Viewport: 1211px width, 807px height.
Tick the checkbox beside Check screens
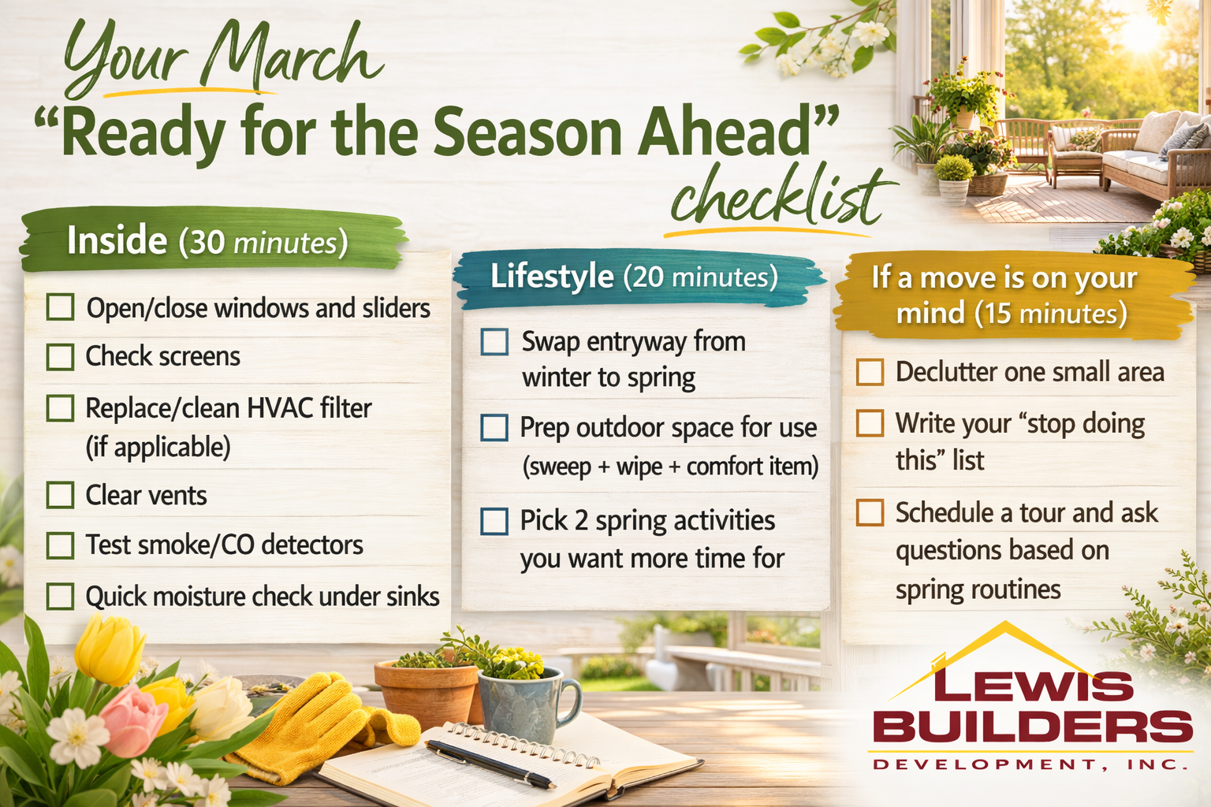pos(60,357)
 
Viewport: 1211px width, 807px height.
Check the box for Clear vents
pos(60,495)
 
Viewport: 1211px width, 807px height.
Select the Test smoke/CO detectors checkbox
pos(60,545)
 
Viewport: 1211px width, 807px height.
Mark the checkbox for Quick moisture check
pos(60,597)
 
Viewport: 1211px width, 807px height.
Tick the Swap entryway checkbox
pos(494,341)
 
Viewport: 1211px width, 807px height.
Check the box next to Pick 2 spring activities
pos(494,521)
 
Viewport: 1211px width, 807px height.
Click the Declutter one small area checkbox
pos(870,372)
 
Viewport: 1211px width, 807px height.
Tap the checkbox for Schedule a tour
pos(870,512)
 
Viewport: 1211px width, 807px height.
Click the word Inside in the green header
pos(117,240)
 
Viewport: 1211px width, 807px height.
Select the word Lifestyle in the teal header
pos(552,276)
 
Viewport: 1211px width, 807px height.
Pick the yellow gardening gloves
pos(324,724)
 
